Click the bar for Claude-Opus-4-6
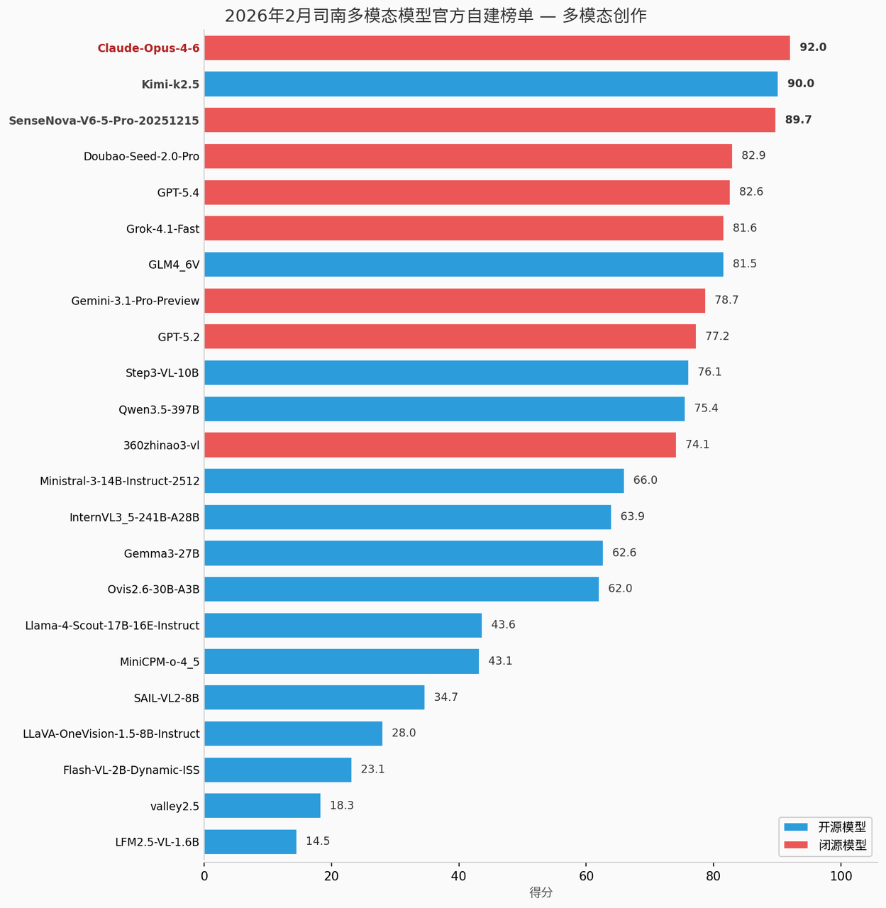497,48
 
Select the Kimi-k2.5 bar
491,84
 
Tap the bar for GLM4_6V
463,265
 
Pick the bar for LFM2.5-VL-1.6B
250,842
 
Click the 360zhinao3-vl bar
440,445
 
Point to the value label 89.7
798,120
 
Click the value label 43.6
503,625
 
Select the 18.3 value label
341,806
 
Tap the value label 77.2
717,336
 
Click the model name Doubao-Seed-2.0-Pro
141,156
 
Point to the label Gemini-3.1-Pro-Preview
135,301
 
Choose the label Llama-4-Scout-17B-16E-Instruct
112,626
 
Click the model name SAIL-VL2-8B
166,698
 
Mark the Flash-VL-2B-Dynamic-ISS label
131,770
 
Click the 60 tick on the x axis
586,876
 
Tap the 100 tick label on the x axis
841,876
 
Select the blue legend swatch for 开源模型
796,827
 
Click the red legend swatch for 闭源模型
796,845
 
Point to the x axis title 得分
541,893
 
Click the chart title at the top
436,16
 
